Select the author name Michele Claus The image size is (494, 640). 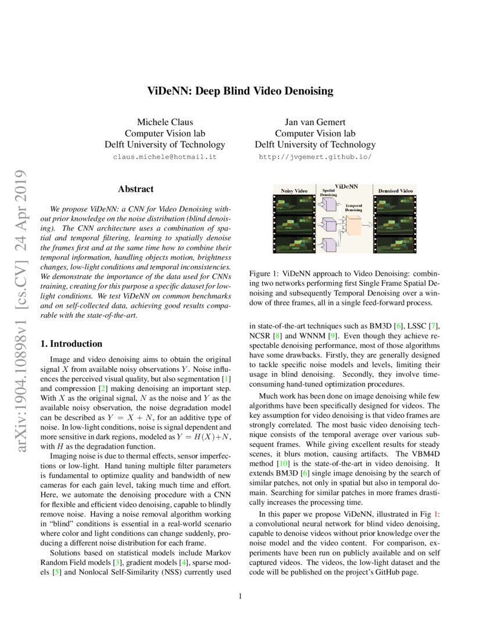tap(164, 122)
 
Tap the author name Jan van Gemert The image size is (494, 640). tap(314, 122)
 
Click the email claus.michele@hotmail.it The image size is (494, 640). tap(164, 157)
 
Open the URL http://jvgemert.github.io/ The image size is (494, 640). tap(314, 157)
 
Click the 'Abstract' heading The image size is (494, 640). tap(135, 189)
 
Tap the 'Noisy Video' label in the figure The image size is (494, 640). tap(294, 191)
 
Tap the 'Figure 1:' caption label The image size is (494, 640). tap(264, 273)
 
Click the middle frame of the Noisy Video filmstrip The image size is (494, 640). tap(294, 224)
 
